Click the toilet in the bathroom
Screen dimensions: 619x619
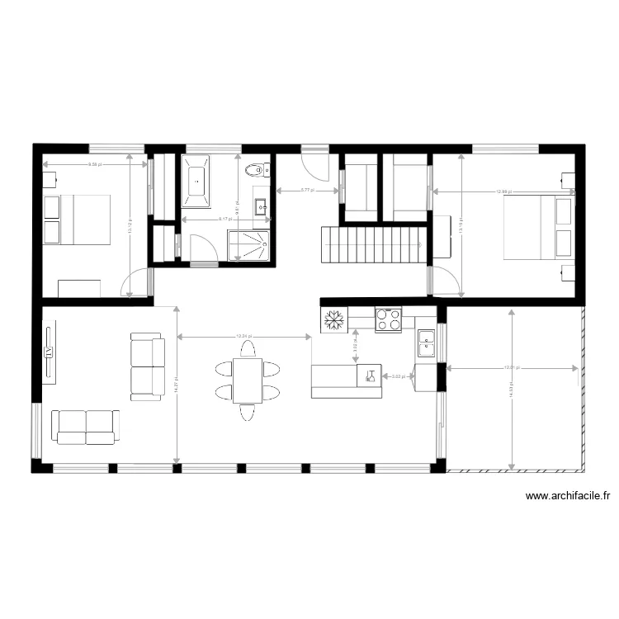256,171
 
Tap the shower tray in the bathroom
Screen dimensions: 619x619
249,244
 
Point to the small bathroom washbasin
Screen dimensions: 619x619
261,206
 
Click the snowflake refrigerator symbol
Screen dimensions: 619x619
334,319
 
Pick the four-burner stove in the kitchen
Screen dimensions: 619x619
388,319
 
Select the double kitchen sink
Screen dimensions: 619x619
426,343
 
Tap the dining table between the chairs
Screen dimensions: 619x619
247,380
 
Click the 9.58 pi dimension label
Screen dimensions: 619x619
94,165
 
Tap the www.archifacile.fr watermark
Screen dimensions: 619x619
568,496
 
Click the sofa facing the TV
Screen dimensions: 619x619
146,366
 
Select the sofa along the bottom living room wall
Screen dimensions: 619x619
86,426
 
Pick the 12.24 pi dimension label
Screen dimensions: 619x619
244,337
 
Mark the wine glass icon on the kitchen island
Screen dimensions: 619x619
370,376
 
